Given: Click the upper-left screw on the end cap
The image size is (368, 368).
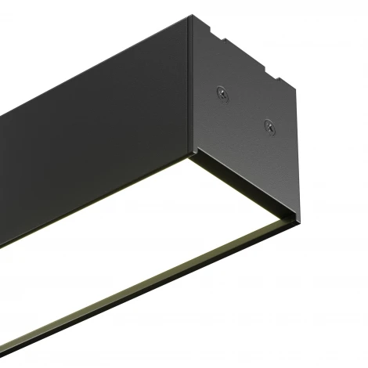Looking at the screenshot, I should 222,93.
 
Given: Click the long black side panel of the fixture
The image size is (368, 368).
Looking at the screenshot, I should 94,133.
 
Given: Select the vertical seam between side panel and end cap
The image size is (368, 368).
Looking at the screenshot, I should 189,86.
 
